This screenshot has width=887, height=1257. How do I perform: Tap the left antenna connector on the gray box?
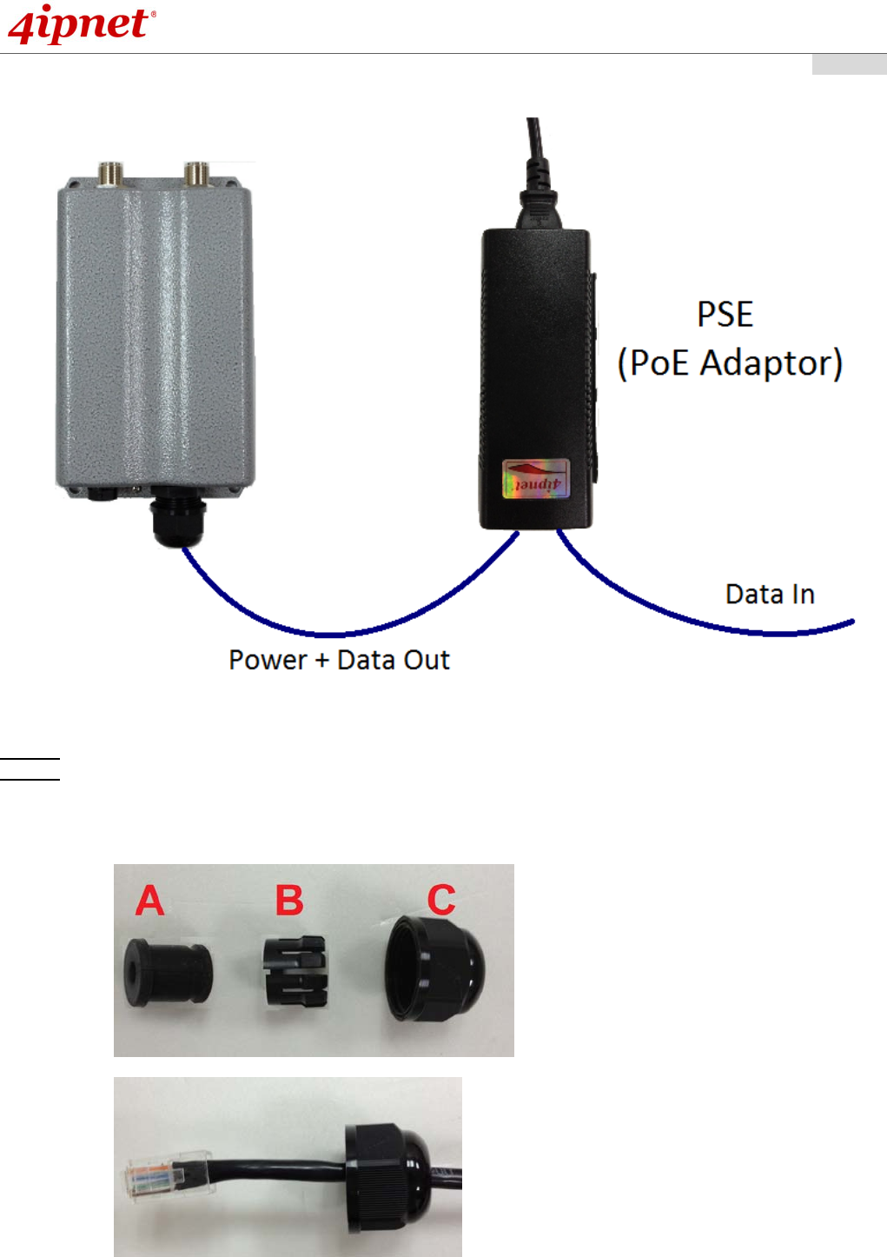110,173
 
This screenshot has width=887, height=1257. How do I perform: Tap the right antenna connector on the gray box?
196,173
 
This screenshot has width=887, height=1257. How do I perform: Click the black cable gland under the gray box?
177,520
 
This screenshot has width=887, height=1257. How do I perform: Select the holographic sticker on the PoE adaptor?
536,479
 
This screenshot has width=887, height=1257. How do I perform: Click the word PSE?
725,315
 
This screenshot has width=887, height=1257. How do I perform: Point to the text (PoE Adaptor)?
730,363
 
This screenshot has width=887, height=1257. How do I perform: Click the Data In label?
770,595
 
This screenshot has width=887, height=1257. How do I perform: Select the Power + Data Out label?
339,661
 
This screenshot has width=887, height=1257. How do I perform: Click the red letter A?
149,901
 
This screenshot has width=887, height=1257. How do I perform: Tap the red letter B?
289,901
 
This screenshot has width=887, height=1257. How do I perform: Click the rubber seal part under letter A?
167,972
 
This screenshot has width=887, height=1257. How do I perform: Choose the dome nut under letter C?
434,966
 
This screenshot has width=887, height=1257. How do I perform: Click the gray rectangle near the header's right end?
849,64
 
